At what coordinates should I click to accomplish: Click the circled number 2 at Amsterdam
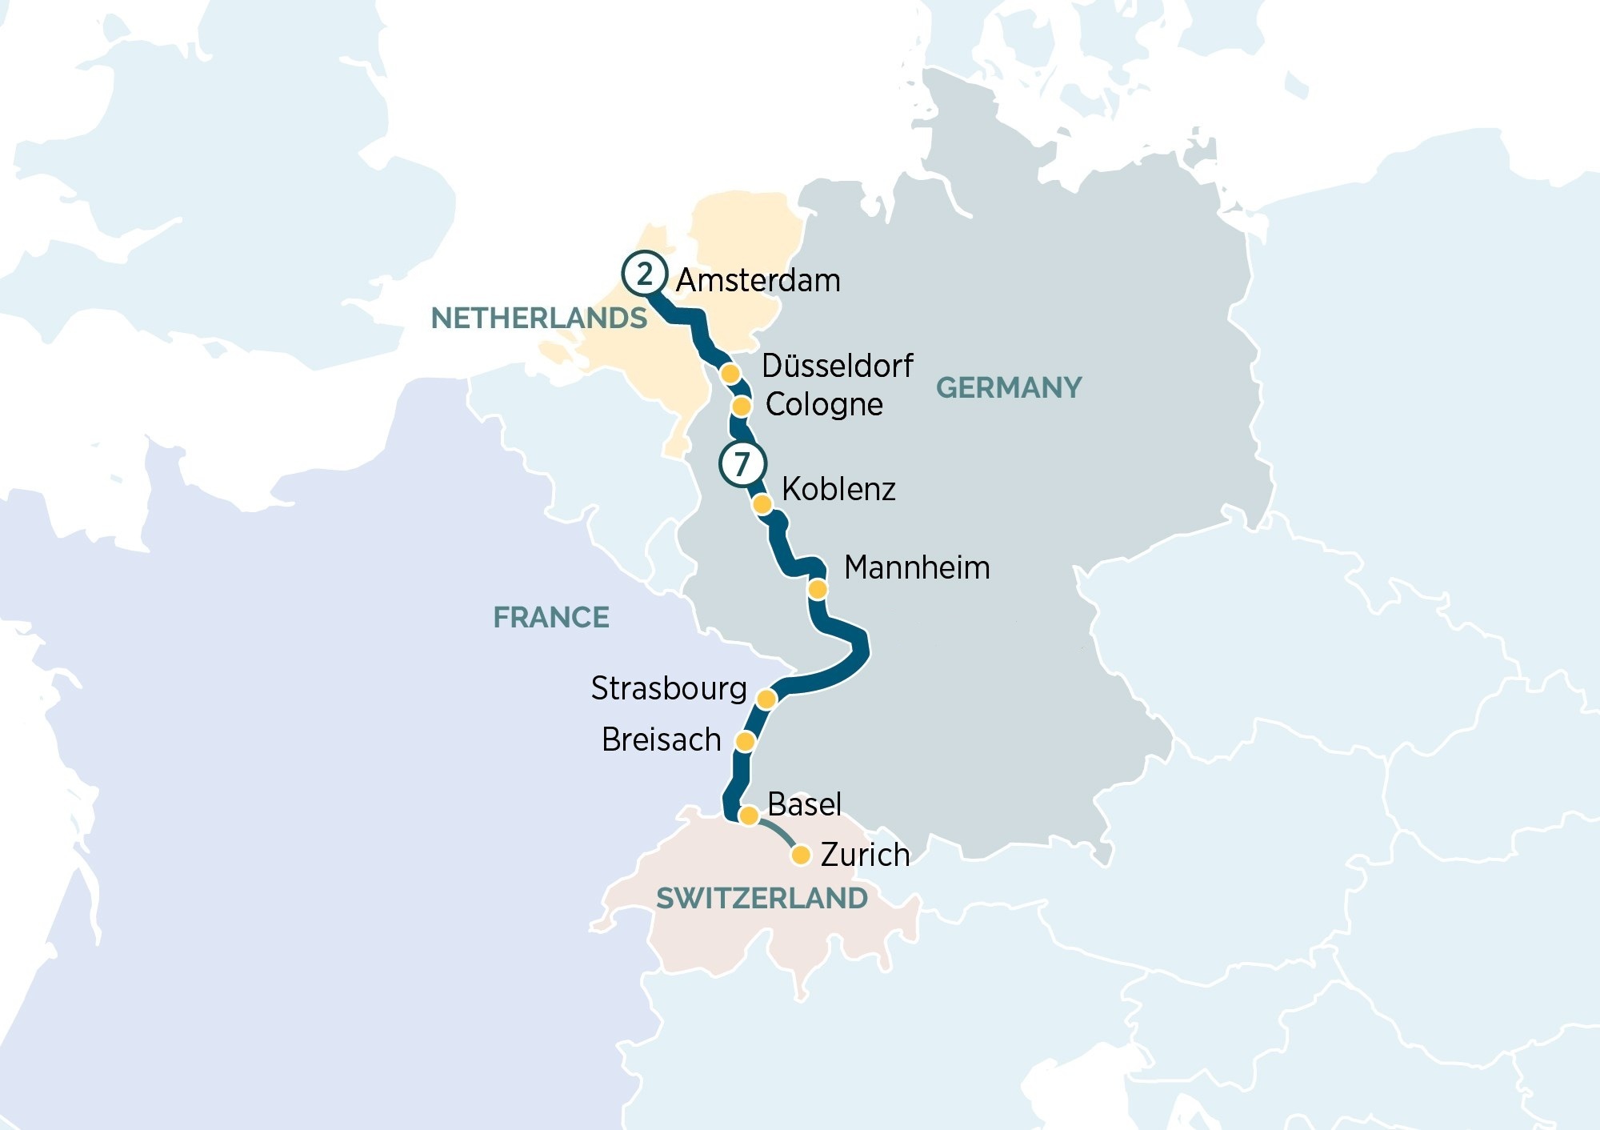pyautogui.click(x=645, y=274)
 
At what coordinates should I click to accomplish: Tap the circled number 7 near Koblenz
pyautogui.click(x=742, y=463)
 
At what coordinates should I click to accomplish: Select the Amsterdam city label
pyautogui.click(x=758, y=281)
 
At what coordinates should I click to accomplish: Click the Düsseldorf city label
pyautogui.click(x=837, y=366)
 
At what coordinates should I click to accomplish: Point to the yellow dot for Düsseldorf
pyautogui.click(x=730, y=374)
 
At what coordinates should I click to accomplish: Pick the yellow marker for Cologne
pyautogui.click(x=742, y=407)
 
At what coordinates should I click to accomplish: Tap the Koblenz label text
pyautogui.click(x=838, y=489)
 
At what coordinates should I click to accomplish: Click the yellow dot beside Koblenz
pyautogui.click(x=762, y=504)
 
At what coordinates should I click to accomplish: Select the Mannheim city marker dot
pyautogui.click(x=818, y=590)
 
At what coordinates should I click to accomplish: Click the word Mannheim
pyautogui.click(x=917, y=567)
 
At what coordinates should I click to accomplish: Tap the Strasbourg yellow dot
pyautogui.click(x=766, y=699)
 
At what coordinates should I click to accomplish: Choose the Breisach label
pyautogui.click(x=661, y=739)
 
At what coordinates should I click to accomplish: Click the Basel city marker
pyautogui.click(x=749, y=815)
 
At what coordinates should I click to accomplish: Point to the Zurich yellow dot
pyautogui.click(x=801, y=856)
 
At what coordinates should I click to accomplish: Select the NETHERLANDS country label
pyautogui.click(x=538, y=319)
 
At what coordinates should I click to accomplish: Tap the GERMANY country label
pyautogui.click(x=1008, y=388)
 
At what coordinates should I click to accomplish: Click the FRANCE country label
pyautogui.click(x=550, y=618)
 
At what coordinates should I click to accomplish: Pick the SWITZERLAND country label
pyautogui.click(x=762, y=899)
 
